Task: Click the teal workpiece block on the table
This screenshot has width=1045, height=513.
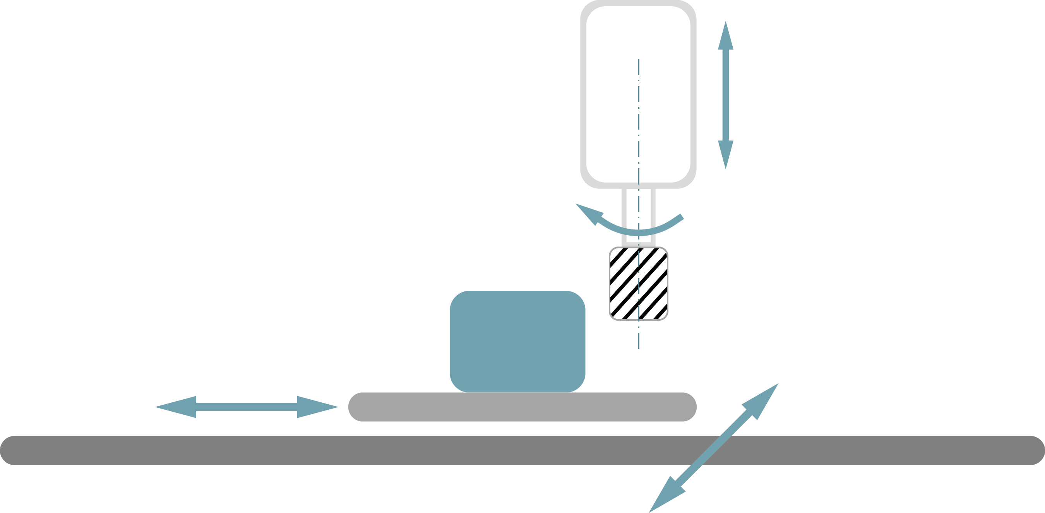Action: coord(517,342)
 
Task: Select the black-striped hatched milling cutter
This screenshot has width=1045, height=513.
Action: coord(639,284)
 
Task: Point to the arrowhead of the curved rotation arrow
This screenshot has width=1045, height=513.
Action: coord(588,212)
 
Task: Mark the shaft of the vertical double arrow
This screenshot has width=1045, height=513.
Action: coord(726,95)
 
